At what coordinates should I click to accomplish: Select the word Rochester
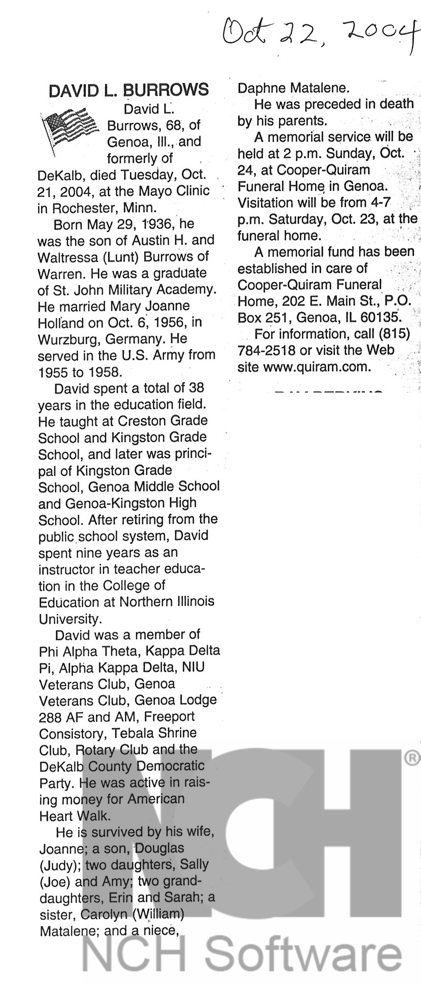click(81, 207)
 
